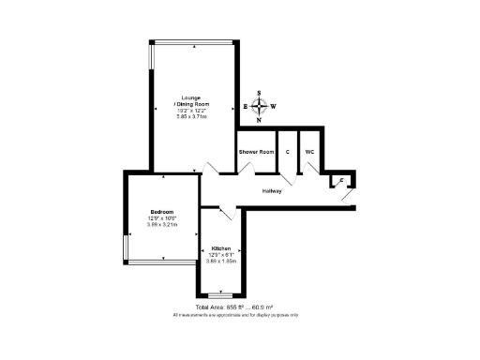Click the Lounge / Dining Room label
coord(190,100)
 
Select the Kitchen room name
coord(221,249)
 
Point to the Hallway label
coord(272,190)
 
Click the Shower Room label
coord(256,151)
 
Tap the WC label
coord(309,151)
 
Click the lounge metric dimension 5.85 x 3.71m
coord(190,116)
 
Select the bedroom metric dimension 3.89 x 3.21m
coord(162,225)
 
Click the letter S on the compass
coord(262,94)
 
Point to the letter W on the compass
coord(275,107)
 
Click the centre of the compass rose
coord(262,107)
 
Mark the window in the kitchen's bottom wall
coord(221,294)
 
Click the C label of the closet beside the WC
coord(287,151)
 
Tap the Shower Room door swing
coord(249,170)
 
